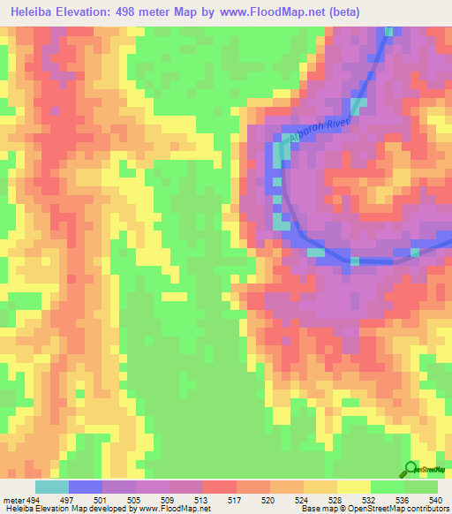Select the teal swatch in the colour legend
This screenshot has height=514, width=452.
(x=52, y=487)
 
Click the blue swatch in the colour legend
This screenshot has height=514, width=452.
(x=86, y=487)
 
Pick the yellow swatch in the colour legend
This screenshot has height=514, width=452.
(x=354, y=487)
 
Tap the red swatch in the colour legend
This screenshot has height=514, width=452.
(x=220, y=487)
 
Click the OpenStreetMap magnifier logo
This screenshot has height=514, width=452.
(x=409, y=468)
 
